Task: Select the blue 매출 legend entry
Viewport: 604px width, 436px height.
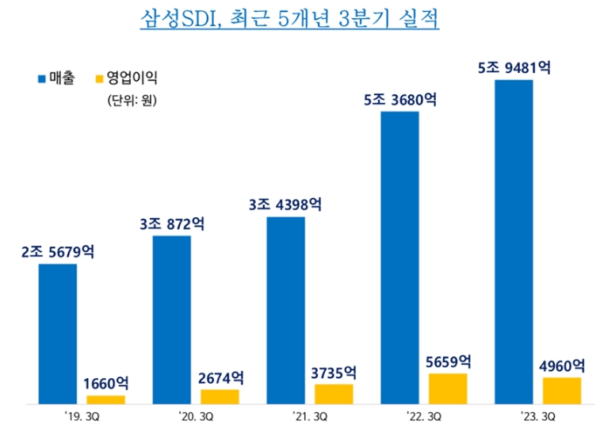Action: click(55, 78)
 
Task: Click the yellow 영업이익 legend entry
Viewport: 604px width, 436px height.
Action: click(125, 78)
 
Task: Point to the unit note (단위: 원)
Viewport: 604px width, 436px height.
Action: click(132, 101)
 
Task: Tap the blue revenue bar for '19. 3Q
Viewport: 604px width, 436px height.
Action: click(58, 333)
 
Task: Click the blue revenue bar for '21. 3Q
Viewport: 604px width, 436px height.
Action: click(285, 309)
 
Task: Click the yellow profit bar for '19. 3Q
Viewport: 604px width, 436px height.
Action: click(105, 399)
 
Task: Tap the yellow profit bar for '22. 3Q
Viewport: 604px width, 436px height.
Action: click(448, 388)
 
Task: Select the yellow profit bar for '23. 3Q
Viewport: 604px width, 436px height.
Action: click(562, 390)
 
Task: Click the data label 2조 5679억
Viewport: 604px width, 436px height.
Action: click(58, 252)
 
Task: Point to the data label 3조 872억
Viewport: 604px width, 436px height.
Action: click(171, 224)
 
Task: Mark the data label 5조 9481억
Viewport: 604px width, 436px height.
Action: click(514, 67)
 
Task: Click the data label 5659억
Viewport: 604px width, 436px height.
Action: click(448, 361)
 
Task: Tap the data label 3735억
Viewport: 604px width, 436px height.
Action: click(334, 373)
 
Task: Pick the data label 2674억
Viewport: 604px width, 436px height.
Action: click(220, 378)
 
